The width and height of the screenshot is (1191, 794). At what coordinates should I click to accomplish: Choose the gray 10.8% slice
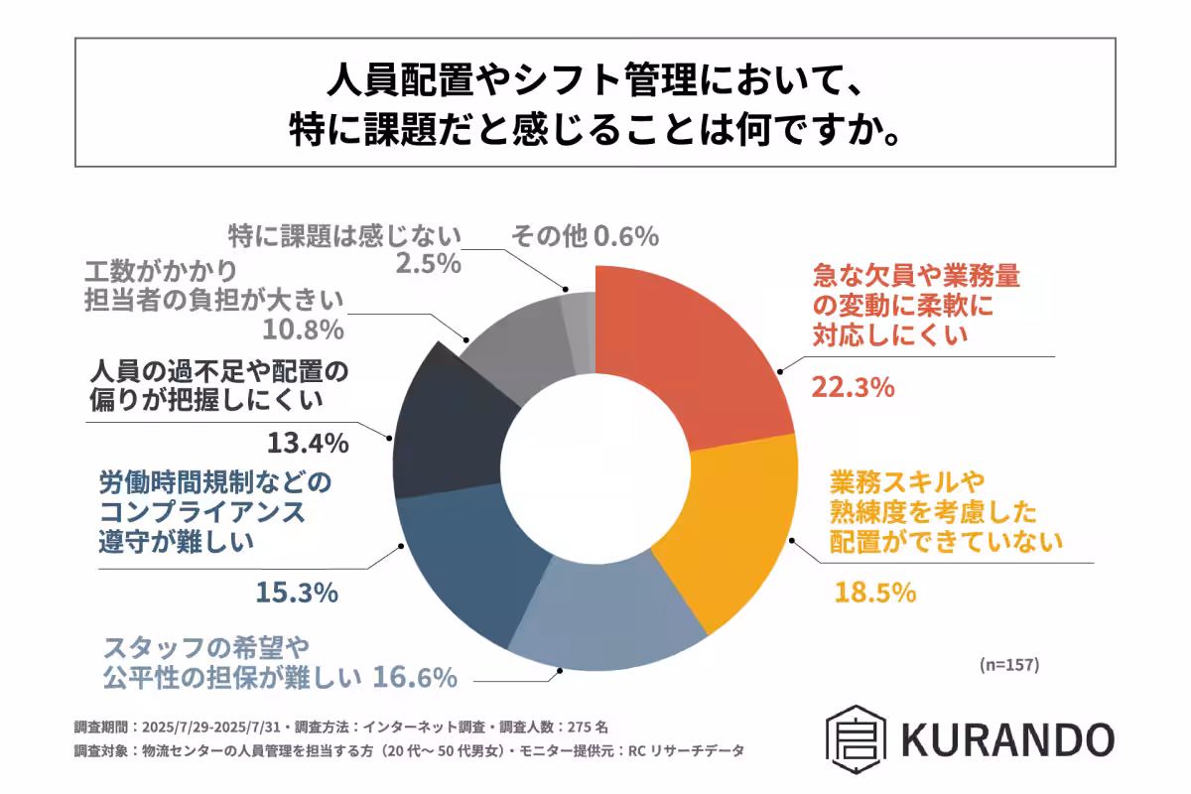[x=511, y=342]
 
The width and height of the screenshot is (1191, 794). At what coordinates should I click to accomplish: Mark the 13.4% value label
[x=308, y=442]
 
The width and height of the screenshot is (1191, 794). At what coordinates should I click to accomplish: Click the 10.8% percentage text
[x=303, y=329]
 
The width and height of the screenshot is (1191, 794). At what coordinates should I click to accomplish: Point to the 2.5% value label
[x=425, y=266]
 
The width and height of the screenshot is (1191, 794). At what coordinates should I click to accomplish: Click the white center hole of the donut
[x=595, y=466]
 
